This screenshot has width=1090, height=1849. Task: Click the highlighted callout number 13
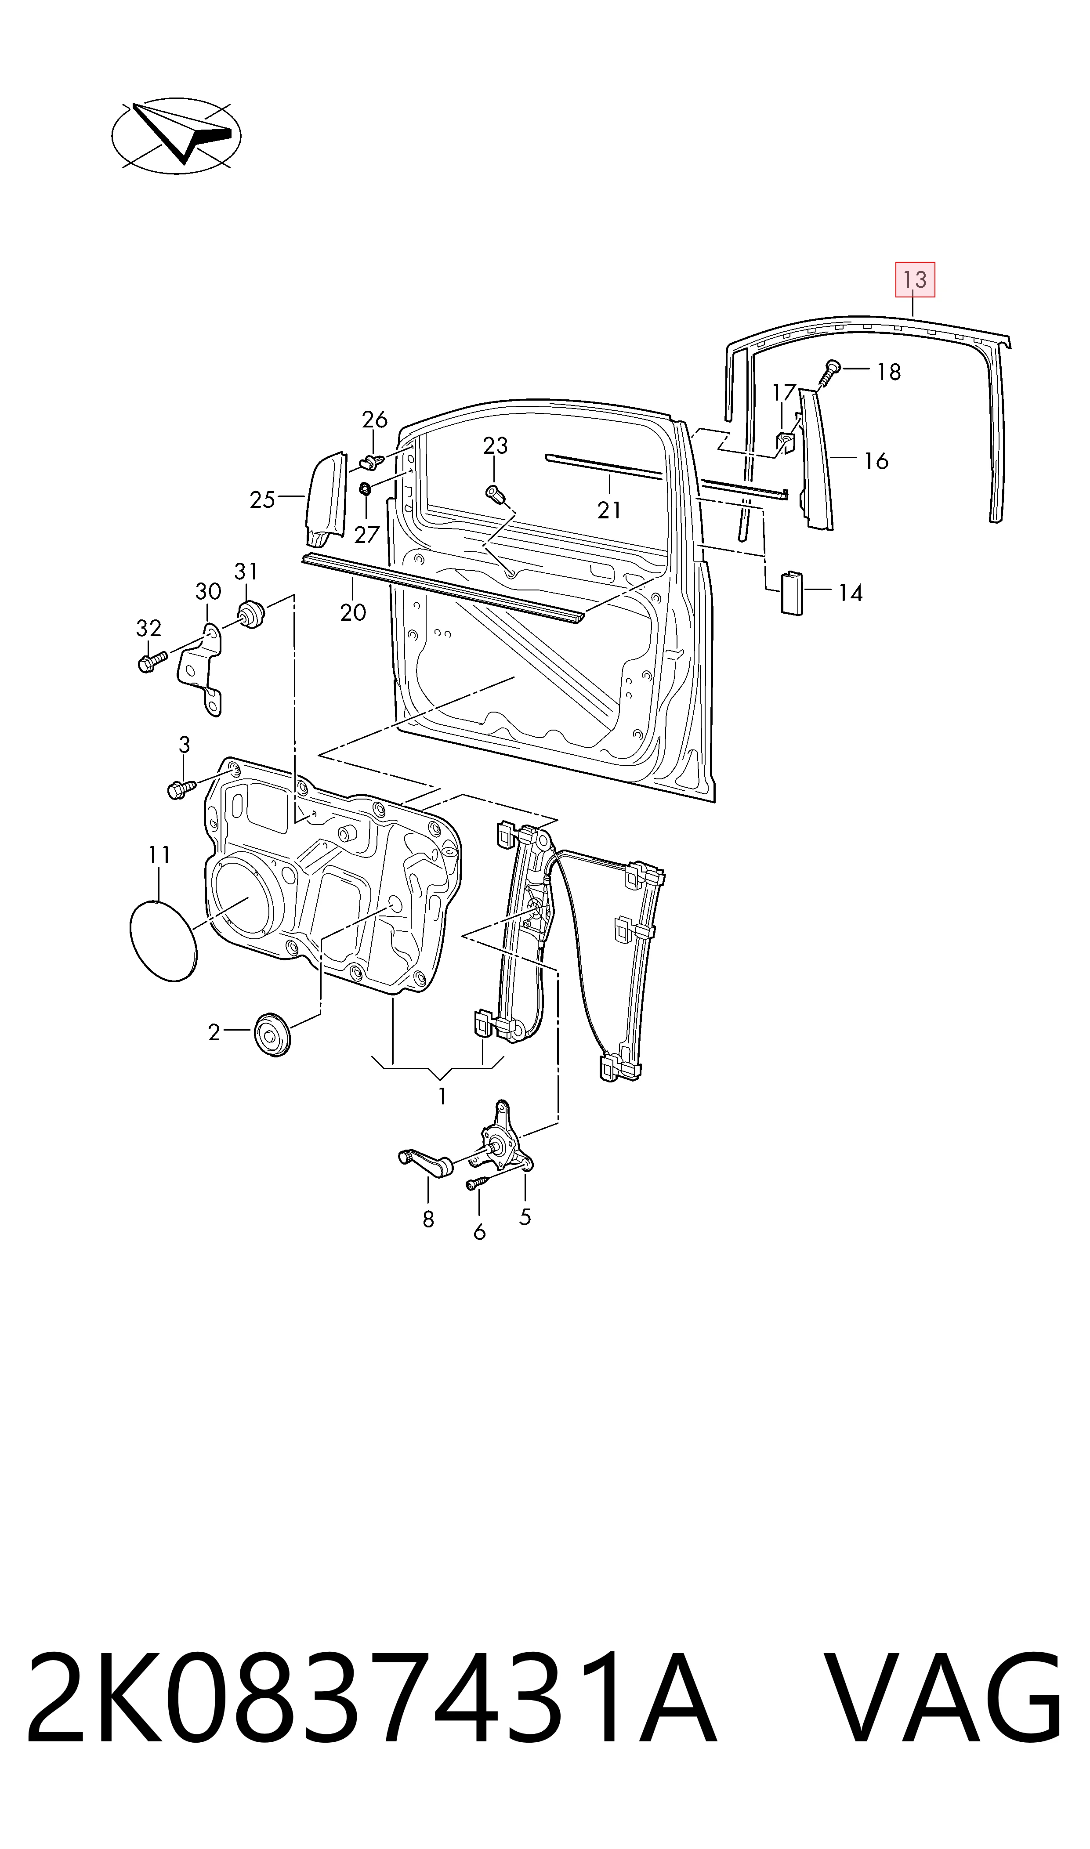pos(914,280)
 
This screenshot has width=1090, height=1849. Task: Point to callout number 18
pos(889,372)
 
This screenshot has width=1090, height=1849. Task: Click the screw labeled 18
pos(830,372)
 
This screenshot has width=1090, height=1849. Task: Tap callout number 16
pos(876,461)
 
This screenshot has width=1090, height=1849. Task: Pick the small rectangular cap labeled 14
pos(791,591)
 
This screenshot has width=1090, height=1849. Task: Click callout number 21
pos(609,510)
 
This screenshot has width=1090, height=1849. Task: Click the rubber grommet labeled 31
pos(250,614)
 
